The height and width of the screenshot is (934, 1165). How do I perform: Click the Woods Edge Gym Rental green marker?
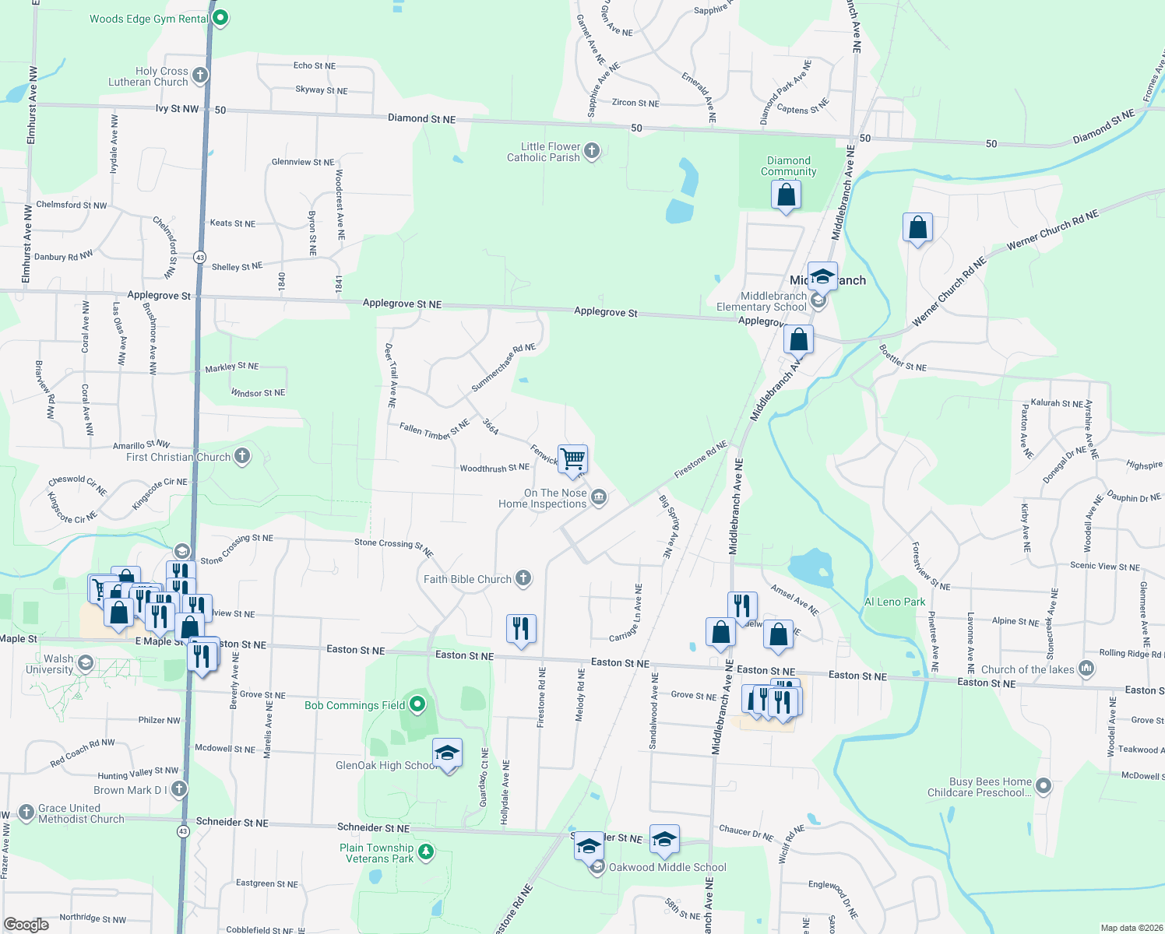coord(220,17)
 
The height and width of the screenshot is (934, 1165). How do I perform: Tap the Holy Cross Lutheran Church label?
coord(148,76)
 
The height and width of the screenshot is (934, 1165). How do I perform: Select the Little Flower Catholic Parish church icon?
coord(592,151)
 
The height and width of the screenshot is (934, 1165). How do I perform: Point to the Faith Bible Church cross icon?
coord(523,578)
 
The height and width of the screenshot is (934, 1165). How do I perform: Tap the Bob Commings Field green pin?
coord(417,704)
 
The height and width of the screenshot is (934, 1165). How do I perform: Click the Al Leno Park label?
coord(895,602)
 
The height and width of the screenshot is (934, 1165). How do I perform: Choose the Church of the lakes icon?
coord(1086,669)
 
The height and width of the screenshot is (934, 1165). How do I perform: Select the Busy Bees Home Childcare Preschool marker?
coord(1044,786)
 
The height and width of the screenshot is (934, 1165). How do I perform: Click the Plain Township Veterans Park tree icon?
coord(425,851)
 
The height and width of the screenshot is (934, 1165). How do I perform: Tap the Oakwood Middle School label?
coord(667,867)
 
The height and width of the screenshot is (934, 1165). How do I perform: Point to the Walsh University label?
coord(50,664)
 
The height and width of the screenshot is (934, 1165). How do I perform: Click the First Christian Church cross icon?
coord(242,456)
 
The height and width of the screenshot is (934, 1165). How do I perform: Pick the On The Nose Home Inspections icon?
coord(599,497)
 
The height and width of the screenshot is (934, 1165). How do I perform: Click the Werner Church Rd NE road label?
coord(1052,230)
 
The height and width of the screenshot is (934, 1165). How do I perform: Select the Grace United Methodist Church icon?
coord(26,813)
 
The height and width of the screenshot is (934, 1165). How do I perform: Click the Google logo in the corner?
coord(26,924)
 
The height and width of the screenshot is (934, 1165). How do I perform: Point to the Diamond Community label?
coord(788,166)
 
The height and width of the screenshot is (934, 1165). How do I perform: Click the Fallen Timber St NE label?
coord(434,430)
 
